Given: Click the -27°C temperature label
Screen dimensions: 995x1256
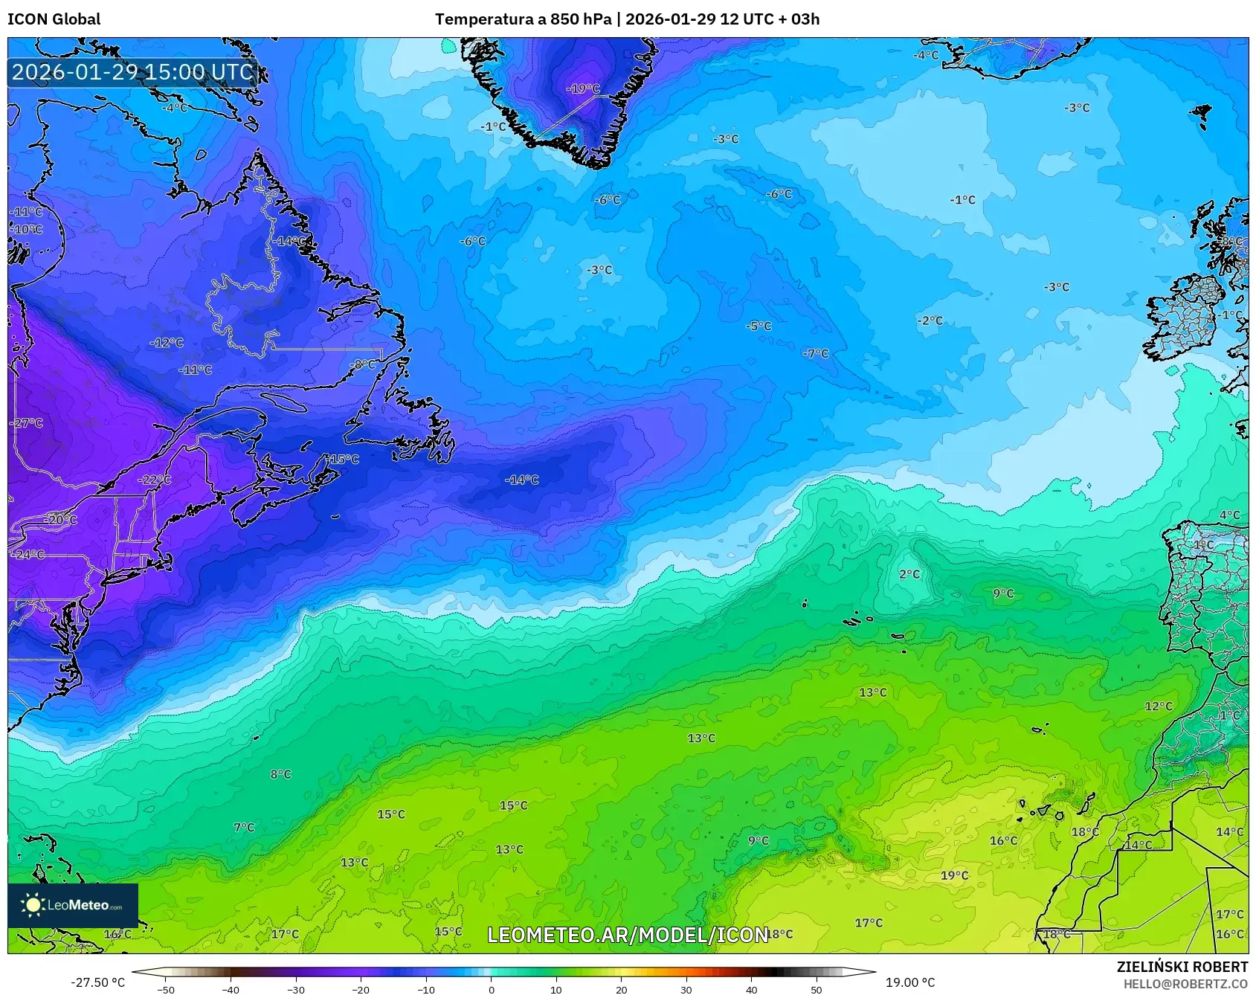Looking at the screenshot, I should (28, 423).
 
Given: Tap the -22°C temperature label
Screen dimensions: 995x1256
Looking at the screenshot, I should (155, 480).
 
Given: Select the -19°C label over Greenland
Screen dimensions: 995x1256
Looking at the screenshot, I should (583, 88).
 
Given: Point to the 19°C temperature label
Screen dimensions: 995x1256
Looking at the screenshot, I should (955, 875).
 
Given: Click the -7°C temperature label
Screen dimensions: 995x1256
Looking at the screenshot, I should (816, 353).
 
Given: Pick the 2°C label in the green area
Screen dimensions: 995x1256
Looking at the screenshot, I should (909, 574).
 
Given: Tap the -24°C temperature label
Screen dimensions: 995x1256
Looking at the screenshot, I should (28, 555).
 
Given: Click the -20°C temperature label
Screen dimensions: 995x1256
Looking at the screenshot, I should (60, 520).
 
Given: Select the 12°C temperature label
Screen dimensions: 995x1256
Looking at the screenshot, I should (1159, 706).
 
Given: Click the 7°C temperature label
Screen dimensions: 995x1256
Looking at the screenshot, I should (244, 827).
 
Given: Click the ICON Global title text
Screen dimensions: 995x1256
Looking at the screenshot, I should (54, 19).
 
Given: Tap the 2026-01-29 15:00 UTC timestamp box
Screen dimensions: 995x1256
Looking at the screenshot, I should (133, 72).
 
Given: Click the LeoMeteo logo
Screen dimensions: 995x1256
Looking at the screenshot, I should (73, 905).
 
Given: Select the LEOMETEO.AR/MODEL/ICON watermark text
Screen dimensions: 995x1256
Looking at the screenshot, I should (628, 935).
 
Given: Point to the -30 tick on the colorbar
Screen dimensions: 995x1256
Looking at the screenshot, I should (296, 990).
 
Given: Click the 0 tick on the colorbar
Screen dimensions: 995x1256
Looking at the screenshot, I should (491, 990).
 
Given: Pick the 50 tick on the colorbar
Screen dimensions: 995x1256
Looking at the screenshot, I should (817, 990).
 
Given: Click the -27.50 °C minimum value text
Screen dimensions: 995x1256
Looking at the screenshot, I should (97, 982).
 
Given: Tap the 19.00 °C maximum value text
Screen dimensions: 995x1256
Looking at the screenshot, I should (910, 982).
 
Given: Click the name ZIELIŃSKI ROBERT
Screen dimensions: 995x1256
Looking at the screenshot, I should (1182, 967).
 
